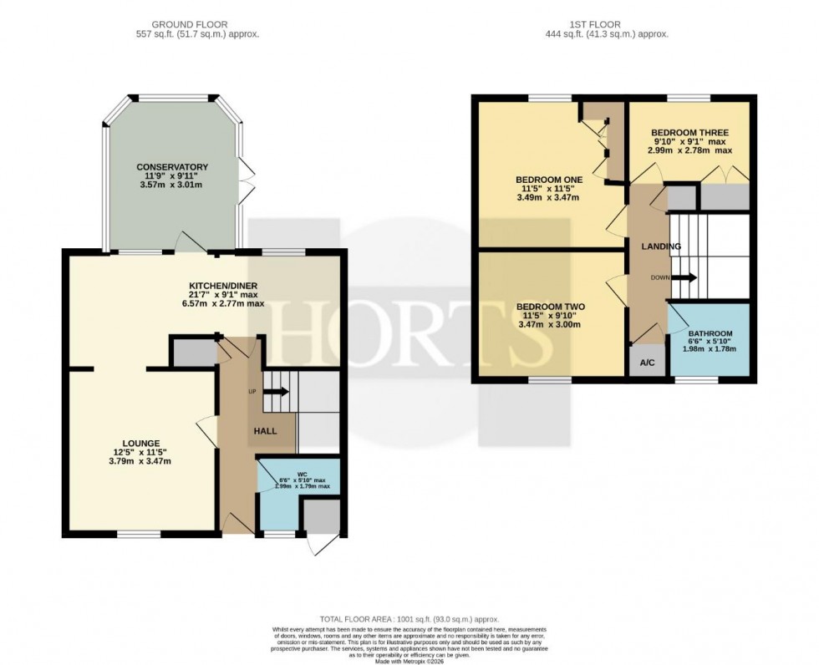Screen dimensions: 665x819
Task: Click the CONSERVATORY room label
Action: click(172, 167)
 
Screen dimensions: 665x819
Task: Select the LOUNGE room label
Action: click(139, 443)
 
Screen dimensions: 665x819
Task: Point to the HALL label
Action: click(264, 429)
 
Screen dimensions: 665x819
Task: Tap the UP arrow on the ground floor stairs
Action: click(277, 391)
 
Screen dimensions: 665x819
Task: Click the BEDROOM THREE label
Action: click(689, 133)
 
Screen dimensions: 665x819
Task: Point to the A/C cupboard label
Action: click(648, 364)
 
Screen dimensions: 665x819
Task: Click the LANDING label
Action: click(660, 246)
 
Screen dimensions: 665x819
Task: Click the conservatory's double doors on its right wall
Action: click(246, 179)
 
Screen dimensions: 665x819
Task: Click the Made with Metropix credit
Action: click(409, 660)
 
